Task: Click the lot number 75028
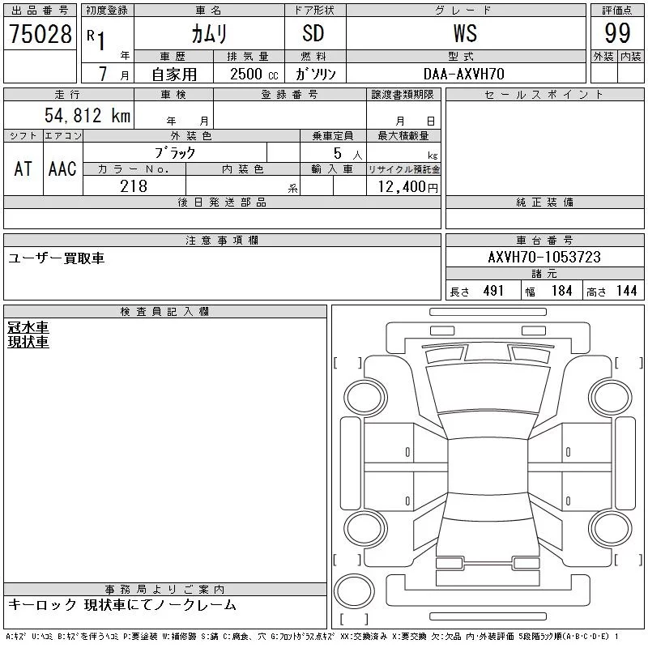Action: (40, 34)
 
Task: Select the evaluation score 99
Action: (617, 33)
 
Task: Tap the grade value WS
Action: (465, 33)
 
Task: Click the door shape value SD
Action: (313, 33)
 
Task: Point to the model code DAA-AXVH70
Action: (463, 74)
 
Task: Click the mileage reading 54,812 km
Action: (87, 115)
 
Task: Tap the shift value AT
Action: (23, 168)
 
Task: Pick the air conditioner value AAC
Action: (62, 168)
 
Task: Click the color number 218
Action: (134, 186)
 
